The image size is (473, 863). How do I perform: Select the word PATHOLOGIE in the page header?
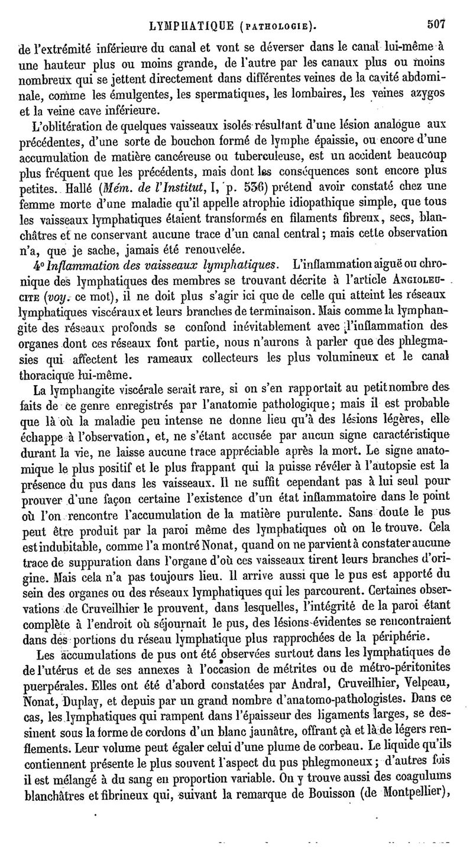[x=277, y=26]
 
